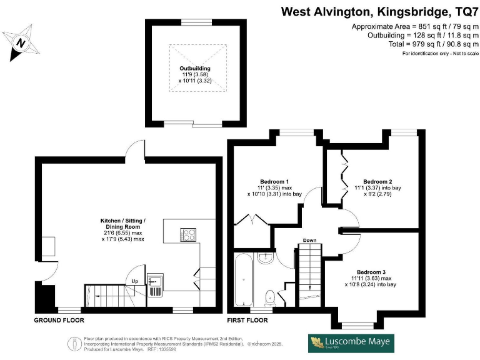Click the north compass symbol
21,42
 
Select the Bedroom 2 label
377,182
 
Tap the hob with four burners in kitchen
188,234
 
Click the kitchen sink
154,283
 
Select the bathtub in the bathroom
242,279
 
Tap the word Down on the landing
309,240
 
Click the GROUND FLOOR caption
59,320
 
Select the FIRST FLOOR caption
247,320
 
